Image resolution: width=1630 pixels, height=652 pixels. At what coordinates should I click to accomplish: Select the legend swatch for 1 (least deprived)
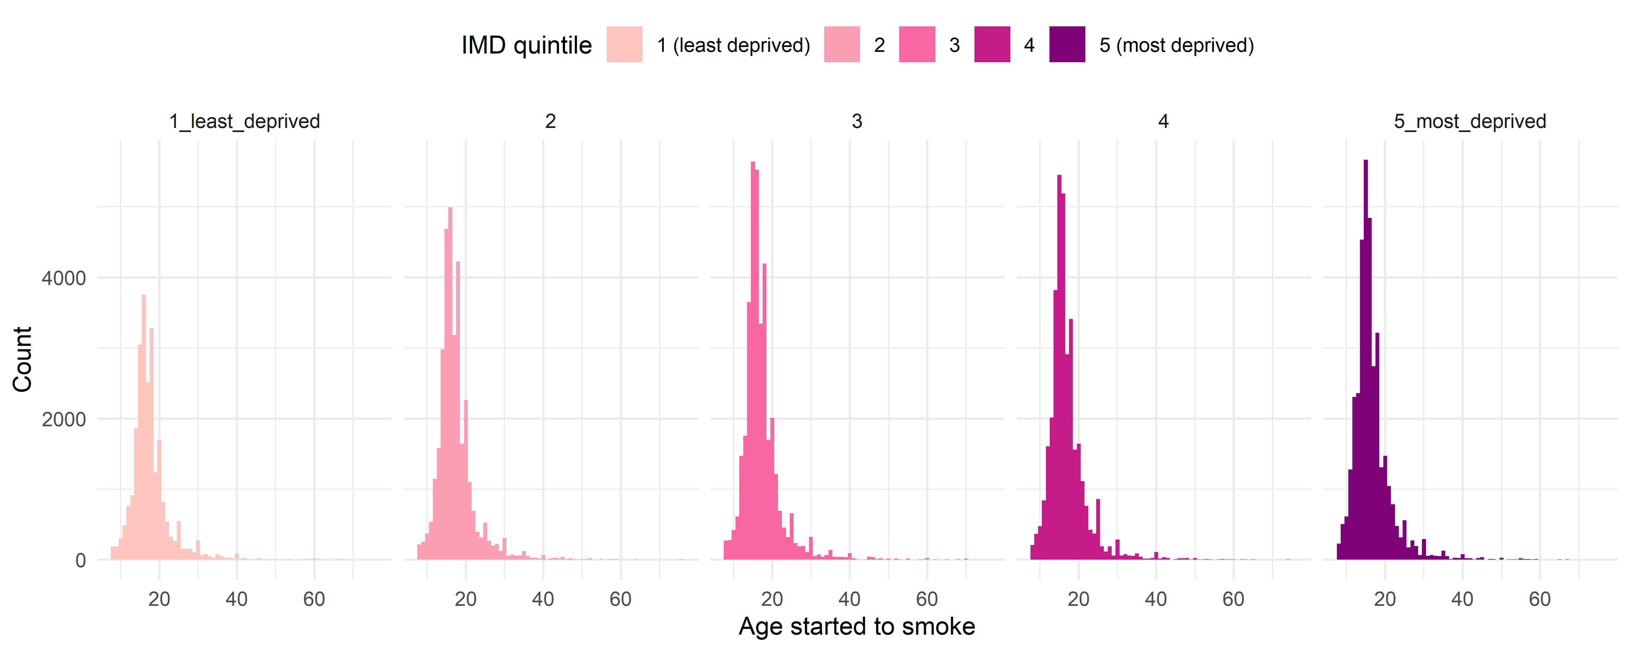[x=624, y=44]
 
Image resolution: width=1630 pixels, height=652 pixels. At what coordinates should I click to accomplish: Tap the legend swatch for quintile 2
[x=842, y=44]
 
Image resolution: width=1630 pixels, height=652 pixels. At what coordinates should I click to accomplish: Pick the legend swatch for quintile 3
[x=917, y=44]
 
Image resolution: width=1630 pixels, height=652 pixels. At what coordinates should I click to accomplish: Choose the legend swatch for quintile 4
[x=992, y=44]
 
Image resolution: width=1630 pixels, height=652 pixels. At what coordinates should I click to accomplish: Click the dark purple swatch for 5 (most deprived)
[x=1067, y=44]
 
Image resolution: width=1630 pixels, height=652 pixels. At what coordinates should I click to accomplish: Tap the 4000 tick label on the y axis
[x=63, y=278]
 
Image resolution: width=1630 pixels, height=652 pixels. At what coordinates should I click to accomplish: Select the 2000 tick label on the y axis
[x=63, y=419]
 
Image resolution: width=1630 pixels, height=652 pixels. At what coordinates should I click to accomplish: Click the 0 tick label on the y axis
[x=80, y=560]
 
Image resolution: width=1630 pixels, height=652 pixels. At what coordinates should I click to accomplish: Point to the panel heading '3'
[x=857, y=121]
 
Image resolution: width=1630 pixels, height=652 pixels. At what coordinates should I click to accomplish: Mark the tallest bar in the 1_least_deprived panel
[x=144, y=430]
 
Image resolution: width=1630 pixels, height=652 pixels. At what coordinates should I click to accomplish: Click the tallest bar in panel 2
[x=450, y=386]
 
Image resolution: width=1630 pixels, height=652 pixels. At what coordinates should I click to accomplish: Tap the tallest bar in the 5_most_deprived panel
[x=1365, y=361]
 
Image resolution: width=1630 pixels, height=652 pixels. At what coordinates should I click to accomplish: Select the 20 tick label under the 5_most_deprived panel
[x=1384, y=599]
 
